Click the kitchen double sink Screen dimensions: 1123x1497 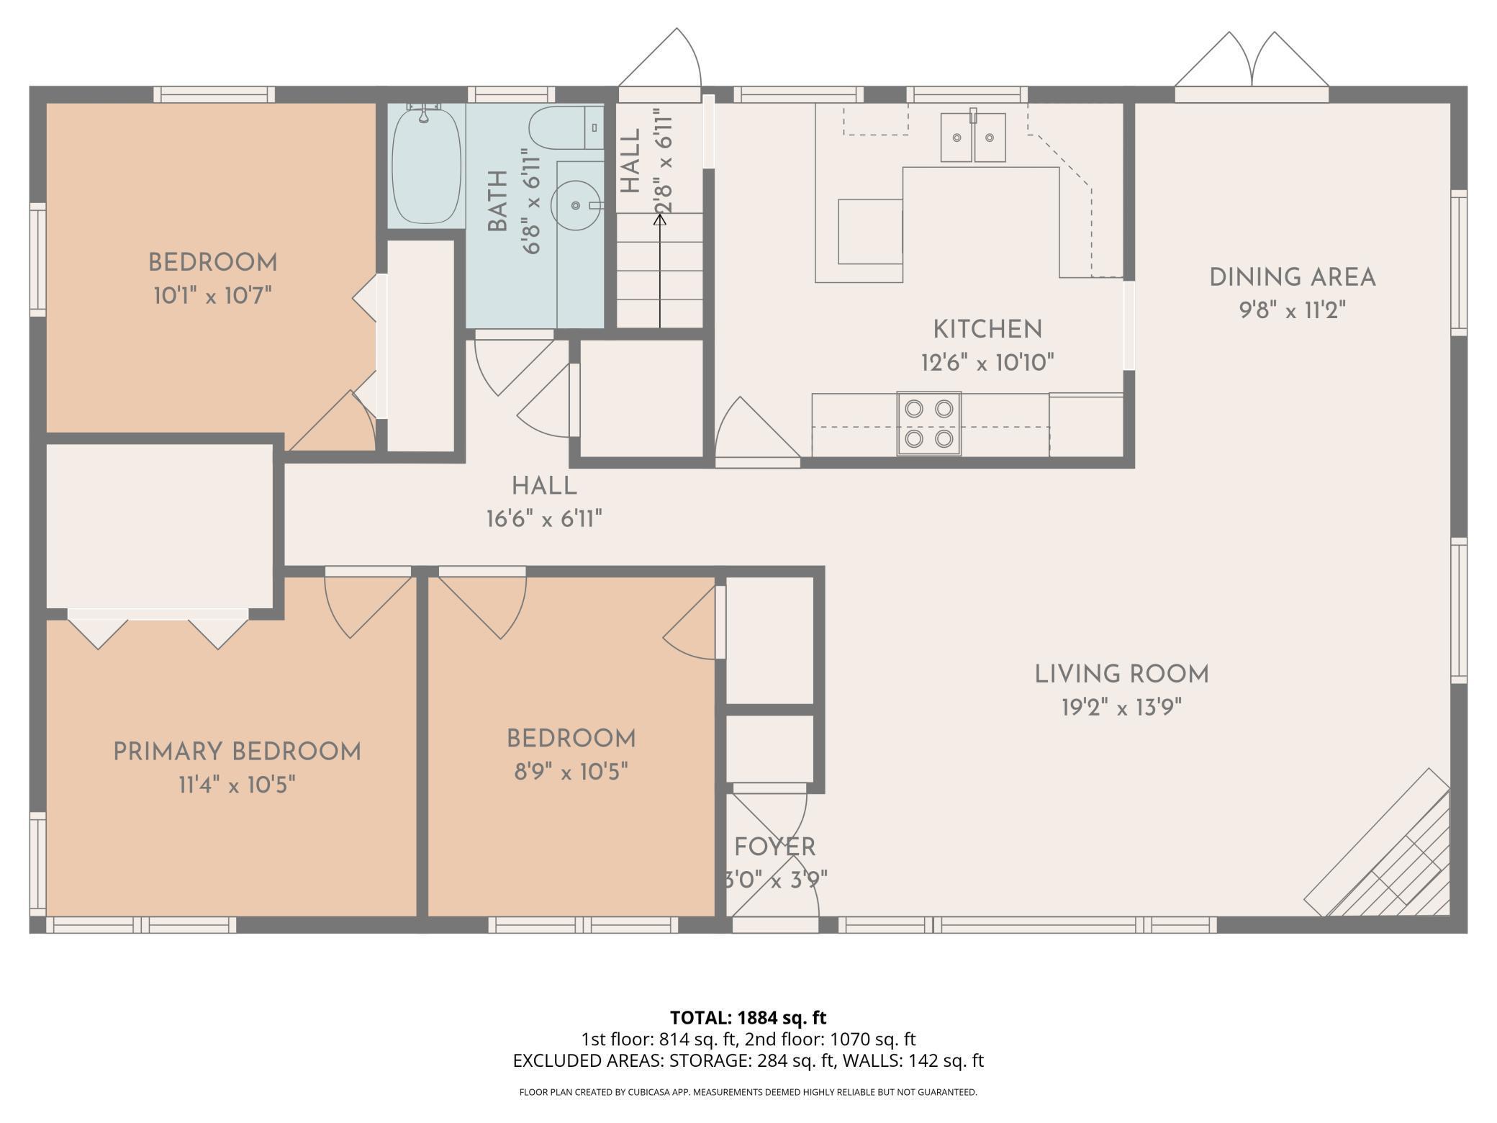pyautogui.click(x=973, y=137)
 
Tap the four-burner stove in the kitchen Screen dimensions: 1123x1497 pyautogui.click(x=928, y=423)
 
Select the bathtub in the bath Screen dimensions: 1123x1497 pyautogui.click(x=426, y=164)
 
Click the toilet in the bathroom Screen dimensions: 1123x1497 pyautogui.click(x=565, y=128)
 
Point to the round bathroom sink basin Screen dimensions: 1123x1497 pyautogui.click(x=576, y=206)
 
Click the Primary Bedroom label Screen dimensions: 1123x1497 pyautogui.click(x=237, y=752)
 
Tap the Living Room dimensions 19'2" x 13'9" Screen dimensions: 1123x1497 pyautogui.click(x=1121, y=708)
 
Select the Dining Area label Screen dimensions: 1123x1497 pyautogui.click(x=1292, y=278)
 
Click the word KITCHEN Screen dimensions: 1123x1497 pyautogui.click(x=987, y=330)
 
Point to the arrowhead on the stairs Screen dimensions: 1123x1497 pyautogui.click(x=660, y=219)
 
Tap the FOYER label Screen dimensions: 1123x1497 pyautogui.click(x=774, y=847)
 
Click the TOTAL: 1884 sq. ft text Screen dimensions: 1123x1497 pyautogui.click(x=748, y=1017)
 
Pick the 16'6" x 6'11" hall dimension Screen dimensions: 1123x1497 pyautogui.click(x=544, y=519)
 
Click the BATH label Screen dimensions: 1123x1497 pyautogui.click(x=497, y=202)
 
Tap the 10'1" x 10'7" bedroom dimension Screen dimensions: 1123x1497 pyautogui.click(x=212, y=295)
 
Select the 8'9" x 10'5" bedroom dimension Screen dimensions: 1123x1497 pyautogui.click(x=571, y=772)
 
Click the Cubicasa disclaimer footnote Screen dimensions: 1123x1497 pyautogui.click(x=748, y=1092)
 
